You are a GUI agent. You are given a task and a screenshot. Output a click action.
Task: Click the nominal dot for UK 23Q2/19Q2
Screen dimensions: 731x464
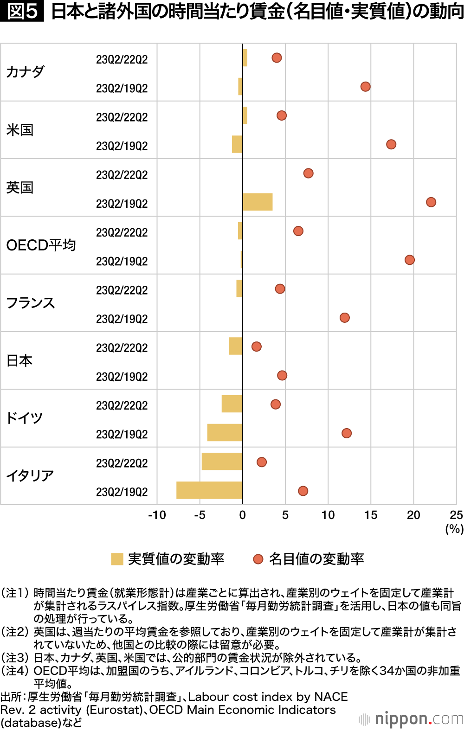pos(431,202)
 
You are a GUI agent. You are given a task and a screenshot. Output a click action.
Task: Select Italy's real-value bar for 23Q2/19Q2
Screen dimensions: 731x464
pos(209,490)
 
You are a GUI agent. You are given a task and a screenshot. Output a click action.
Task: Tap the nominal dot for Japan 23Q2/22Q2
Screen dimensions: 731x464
pos(257,346)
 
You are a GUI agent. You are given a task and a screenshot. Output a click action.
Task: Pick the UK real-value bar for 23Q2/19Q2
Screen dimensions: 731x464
pos(258,202)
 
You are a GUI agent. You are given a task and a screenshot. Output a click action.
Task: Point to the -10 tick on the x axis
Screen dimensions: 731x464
pos(157,515)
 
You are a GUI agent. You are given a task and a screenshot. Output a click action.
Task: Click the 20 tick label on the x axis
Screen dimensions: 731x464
pos(413,515)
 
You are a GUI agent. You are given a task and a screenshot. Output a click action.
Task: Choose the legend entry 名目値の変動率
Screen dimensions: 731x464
pos(309,559)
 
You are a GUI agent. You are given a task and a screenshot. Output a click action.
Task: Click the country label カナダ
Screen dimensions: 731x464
pos(26,72)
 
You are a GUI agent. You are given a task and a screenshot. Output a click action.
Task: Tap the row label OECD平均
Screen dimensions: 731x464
pos(41,245)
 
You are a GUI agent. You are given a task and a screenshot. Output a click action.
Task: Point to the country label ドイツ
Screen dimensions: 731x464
pos(24,418)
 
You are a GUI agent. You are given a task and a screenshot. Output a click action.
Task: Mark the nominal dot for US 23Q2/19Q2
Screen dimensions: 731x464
pos(391,144)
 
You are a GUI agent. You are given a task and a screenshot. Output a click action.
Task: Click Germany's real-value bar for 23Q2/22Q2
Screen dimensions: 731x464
pos(232,404)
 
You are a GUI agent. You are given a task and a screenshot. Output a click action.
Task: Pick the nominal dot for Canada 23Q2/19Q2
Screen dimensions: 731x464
pos(366,87)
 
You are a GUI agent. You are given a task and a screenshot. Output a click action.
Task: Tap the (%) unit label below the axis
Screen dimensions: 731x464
pos(454,529)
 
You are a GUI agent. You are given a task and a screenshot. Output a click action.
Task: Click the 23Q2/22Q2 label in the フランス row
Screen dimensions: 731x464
pos(122,290)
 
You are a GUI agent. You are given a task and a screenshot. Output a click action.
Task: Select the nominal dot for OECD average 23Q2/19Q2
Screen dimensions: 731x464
pos(410,260)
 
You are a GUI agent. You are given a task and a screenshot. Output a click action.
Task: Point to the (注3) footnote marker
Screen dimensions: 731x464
pos(16,658)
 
